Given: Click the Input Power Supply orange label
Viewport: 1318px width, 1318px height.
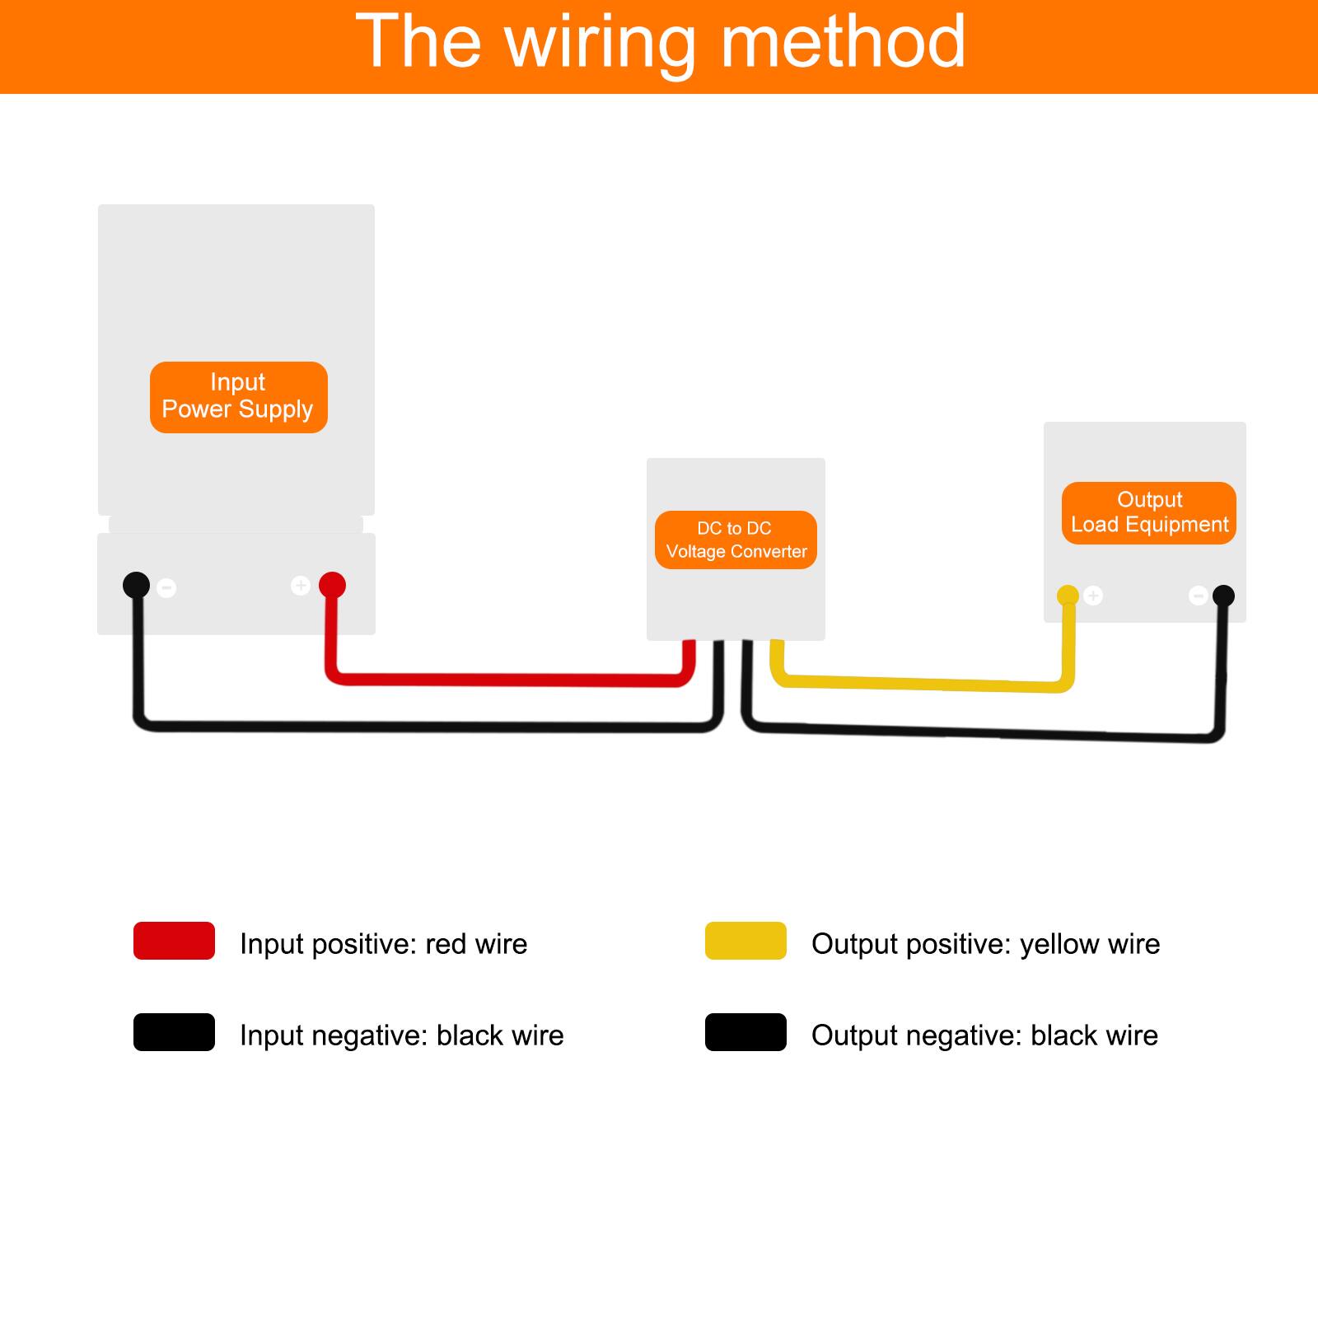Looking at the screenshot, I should pyautogui.click(x=238, y=397).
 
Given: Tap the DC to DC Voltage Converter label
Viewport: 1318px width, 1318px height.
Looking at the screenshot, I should pyautogui.click(x=736, y=540).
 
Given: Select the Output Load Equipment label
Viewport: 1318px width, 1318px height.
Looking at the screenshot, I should pyautogui.click(x=1148, y=512).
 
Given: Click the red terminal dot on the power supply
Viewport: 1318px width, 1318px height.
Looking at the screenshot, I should pyautogui.click(x=332, y=585).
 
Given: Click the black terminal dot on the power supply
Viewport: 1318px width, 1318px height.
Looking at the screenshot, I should pyautogui.click(x=136, y=585).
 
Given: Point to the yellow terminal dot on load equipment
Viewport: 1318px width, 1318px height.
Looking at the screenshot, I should pyautogui.click(x=1068, y=595).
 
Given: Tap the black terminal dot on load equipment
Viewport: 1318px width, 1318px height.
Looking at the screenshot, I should pyautogui.click(x=1223, y=595).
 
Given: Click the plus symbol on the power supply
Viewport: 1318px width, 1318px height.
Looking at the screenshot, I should pyautogui.click(x=301, y=585).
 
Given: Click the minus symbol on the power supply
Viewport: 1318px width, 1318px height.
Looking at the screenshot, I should pyautogui.click(x=167, y=587).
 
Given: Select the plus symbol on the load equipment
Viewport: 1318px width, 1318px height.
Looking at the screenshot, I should pyautogui.click(x=1093, y=595).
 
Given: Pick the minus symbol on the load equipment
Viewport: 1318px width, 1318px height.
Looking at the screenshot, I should pyautogui.click(x=1199, y=595).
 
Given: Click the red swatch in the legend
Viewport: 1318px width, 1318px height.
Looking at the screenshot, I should pyautogui.click(x=174, y=941).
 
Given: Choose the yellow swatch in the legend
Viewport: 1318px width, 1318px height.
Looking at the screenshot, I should pyautogui.click(x=745, y=941).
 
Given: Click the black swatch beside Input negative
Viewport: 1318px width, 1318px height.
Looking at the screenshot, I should pyautogui.click(x=174, y=1032).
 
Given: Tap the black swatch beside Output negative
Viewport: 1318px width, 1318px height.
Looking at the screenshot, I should pyautogui.click(x=745, y=1032).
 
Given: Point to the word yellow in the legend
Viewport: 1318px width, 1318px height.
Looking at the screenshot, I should pyautogui.click(x=1059, y=944).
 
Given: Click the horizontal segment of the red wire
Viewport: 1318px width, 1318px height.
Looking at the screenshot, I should pyautogui.click(x=511, y=680).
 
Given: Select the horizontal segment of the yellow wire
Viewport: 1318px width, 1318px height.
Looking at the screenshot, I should pyautogui.click(x=923, y=683).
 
